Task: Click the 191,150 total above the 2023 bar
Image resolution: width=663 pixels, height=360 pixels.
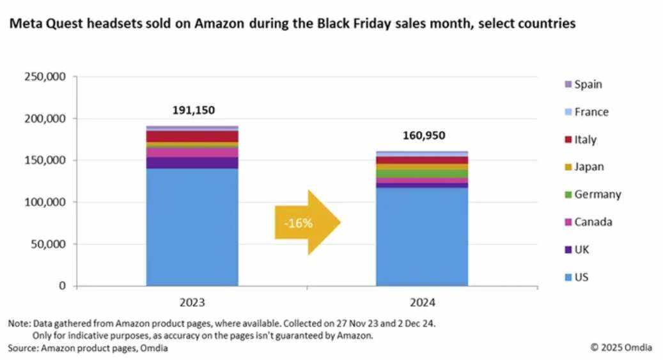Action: (x=192, y=110)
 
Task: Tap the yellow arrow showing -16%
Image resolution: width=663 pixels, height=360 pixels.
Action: (x=307, y=223)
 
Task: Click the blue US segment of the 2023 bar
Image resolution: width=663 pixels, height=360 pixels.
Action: (x=192, y=227)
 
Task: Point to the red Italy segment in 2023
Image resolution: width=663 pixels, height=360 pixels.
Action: (x=192, y=136)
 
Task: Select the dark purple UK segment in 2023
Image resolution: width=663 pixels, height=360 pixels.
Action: (x=192, y=162)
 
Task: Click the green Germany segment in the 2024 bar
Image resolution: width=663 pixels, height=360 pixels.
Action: (x=422, y=173)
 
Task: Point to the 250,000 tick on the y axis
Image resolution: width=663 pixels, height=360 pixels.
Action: (x=45, y=77)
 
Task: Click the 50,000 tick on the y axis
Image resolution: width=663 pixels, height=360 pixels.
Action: (x=47, y=244)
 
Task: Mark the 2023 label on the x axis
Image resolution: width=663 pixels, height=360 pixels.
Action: (x=192, y=301)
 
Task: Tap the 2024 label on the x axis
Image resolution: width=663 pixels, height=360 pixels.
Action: (x=422, y=301)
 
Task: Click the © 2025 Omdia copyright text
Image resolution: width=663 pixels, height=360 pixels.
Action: (x=622, y=347)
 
